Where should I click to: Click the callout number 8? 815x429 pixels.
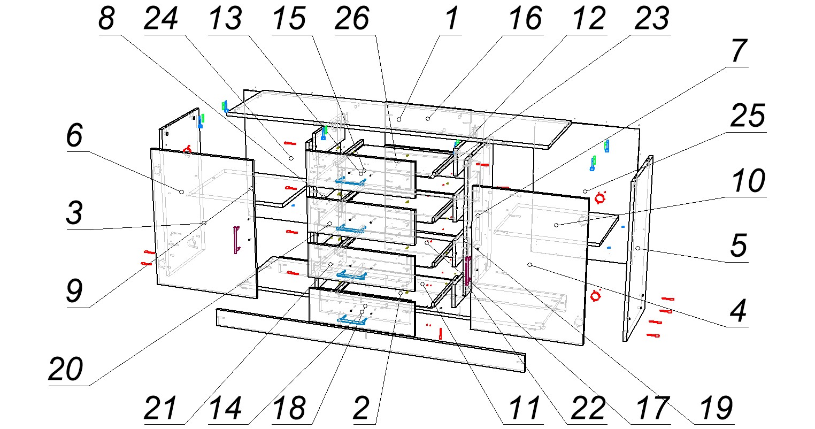pyautogui.click(x=106, y=20)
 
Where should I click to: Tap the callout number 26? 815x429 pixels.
pyautogui.click(x=352, y=20)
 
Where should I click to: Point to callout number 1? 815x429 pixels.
pyautogui.click(x=452, y=20)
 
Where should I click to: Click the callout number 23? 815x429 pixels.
pyautogui.click(x=651, y=20)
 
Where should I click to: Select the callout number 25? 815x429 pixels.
pyautogui.click(x=748, y=117)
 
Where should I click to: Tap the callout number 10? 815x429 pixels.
pyautogui.click(x=748, y=182)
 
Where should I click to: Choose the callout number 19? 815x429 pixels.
pyautogui.click(x=716, y=409)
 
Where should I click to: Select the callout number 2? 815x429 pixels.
pyautogui.click(x=362, y=409)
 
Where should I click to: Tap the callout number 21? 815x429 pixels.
pyautogui.click(x=160, y=409)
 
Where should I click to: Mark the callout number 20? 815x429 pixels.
pyautogui.click(x=66, y=369)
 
